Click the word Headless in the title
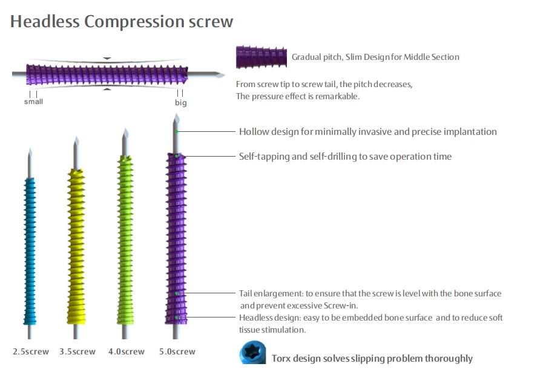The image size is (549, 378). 44,22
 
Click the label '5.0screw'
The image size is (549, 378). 177,351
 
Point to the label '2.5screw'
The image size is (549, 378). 31,351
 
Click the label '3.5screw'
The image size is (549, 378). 77,351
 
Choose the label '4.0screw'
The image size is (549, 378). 127,351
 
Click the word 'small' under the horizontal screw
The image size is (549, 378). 33,102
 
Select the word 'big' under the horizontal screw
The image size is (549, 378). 181,103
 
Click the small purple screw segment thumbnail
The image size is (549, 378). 261,57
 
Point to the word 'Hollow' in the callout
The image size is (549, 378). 254,132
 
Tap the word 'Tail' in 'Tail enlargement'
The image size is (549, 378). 245,294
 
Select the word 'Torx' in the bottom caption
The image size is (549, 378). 283,359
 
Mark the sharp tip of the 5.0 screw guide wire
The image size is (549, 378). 175,116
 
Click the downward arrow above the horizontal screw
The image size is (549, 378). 107,59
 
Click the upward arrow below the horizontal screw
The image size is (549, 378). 107,89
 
